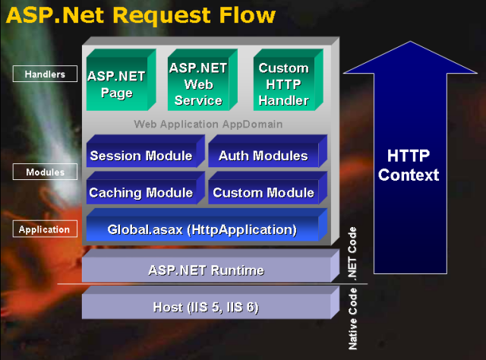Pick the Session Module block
[141, 156]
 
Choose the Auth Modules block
[263, 156]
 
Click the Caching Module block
[141, 192]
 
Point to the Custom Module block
[263, 192]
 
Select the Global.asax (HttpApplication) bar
[202, 229]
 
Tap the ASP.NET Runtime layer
[207, 270]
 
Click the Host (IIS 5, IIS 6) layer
[207, 307]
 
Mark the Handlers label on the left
[45, 74]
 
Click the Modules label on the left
[45, 172]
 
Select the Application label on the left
[44, 229]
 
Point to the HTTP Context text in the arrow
[409, 166]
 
